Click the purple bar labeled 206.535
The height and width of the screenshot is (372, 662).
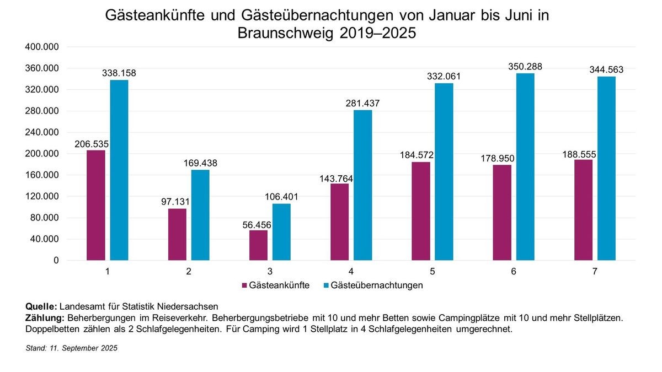coord(95,205)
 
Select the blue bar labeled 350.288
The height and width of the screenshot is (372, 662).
coord(525,166)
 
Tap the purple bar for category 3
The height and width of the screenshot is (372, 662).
coord(258,245)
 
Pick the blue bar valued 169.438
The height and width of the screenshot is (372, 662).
coord(200,215)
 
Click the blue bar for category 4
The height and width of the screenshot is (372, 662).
coord(362,185)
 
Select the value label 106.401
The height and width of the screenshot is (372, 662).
coord(281,197)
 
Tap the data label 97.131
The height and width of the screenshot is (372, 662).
coord(177,202)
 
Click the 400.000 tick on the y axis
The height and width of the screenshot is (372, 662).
coord(42,47)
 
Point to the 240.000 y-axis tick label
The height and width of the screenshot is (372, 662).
coord(42,133)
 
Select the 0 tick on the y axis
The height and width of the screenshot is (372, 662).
coord(55,261)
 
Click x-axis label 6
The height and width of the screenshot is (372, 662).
coord(514,272)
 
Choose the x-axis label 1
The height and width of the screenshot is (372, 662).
coord(107,272)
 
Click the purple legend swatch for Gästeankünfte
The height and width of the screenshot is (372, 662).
coord(244,285)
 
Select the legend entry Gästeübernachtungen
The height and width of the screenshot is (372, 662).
coord(377,285)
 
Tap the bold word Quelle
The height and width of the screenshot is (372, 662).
coord(41,306)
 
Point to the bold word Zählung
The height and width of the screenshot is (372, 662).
coord(45,318)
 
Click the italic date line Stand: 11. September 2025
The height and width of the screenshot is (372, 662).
coord(72,349)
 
